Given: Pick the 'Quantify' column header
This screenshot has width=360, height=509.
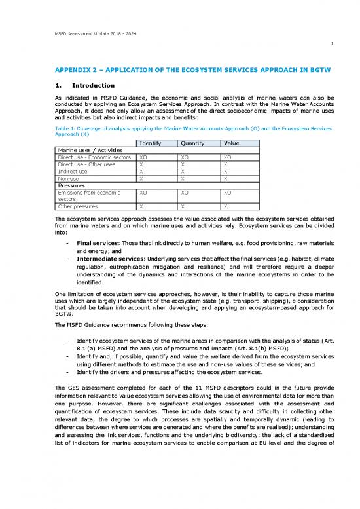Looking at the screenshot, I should [193, 143].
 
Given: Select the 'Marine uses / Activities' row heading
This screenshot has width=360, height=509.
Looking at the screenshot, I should [88, 151].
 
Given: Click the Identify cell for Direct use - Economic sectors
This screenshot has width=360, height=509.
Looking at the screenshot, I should [144, 158].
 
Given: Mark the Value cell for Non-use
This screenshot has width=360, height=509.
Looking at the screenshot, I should [226, 179].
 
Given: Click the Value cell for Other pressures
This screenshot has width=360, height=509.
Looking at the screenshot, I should [226, 206].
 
